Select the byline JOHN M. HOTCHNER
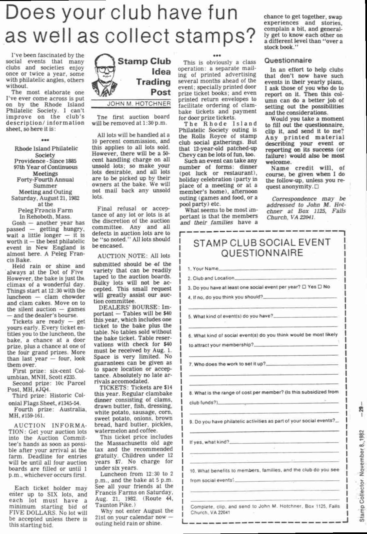click(139, 104)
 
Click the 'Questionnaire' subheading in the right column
click(288, 61)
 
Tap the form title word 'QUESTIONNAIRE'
click(262, 253)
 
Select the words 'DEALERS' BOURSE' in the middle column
click(129, 308)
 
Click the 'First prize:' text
click(28, 371)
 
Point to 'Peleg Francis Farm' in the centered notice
click(45, 210)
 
